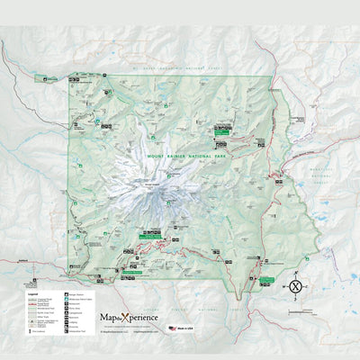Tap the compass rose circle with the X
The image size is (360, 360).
point(296,287)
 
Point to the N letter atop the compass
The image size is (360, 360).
point(296,274)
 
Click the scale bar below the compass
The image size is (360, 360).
point(296,303)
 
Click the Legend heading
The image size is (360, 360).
point(31,294)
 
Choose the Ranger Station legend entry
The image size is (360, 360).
point(76,294)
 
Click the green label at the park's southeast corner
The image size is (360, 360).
point(265,280)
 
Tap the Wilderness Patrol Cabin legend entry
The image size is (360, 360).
point(76,299)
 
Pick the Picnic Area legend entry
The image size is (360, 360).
point(76,308)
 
